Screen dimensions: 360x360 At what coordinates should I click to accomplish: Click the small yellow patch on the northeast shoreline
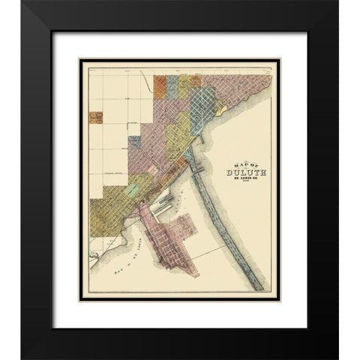(x=220, y=109)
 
